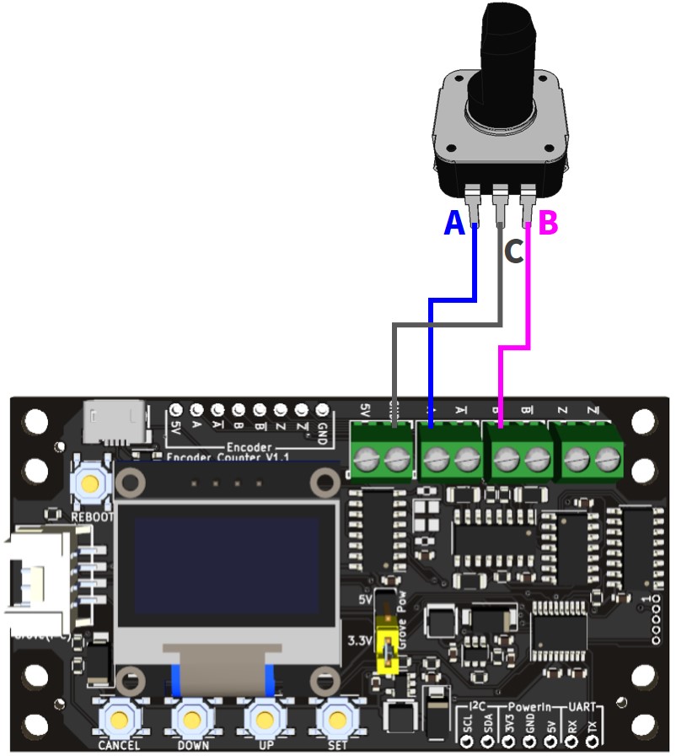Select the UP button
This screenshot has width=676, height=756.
click(x=266, y=719)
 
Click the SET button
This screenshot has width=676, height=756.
click(x=337, y=719)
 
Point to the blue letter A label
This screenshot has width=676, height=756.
click(x=453, y=224)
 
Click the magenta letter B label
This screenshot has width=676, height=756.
click(x=548, y=224)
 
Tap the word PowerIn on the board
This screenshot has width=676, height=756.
click(x=529, y=703)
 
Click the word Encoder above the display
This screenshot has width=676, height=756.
click(x=249, y=447)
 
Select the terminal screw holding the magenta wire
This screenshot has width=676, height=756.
click(x=504, y=460)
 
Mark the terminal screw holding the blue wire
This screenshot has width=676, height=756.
click(x=433, y=460)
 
